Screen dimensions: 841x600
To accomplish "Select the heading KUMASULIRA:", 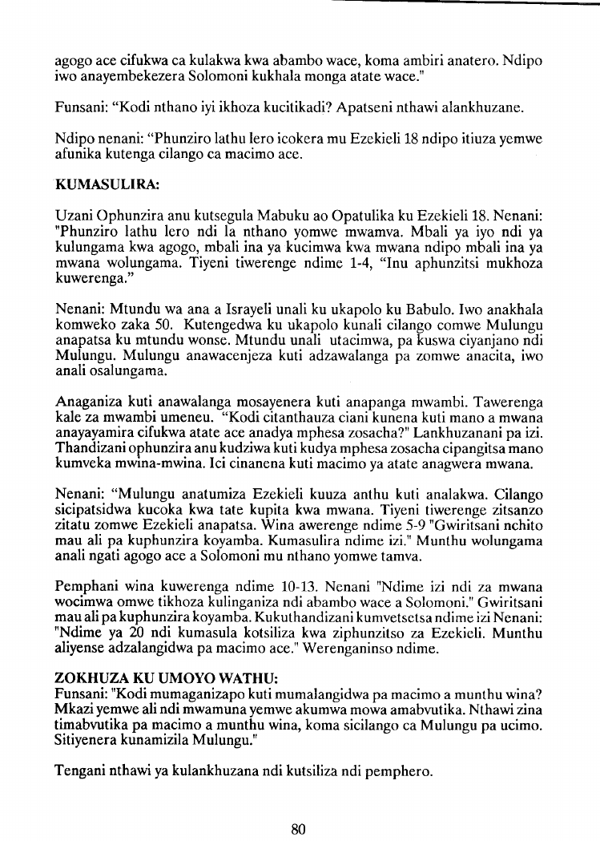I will (x=107, y=184).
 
